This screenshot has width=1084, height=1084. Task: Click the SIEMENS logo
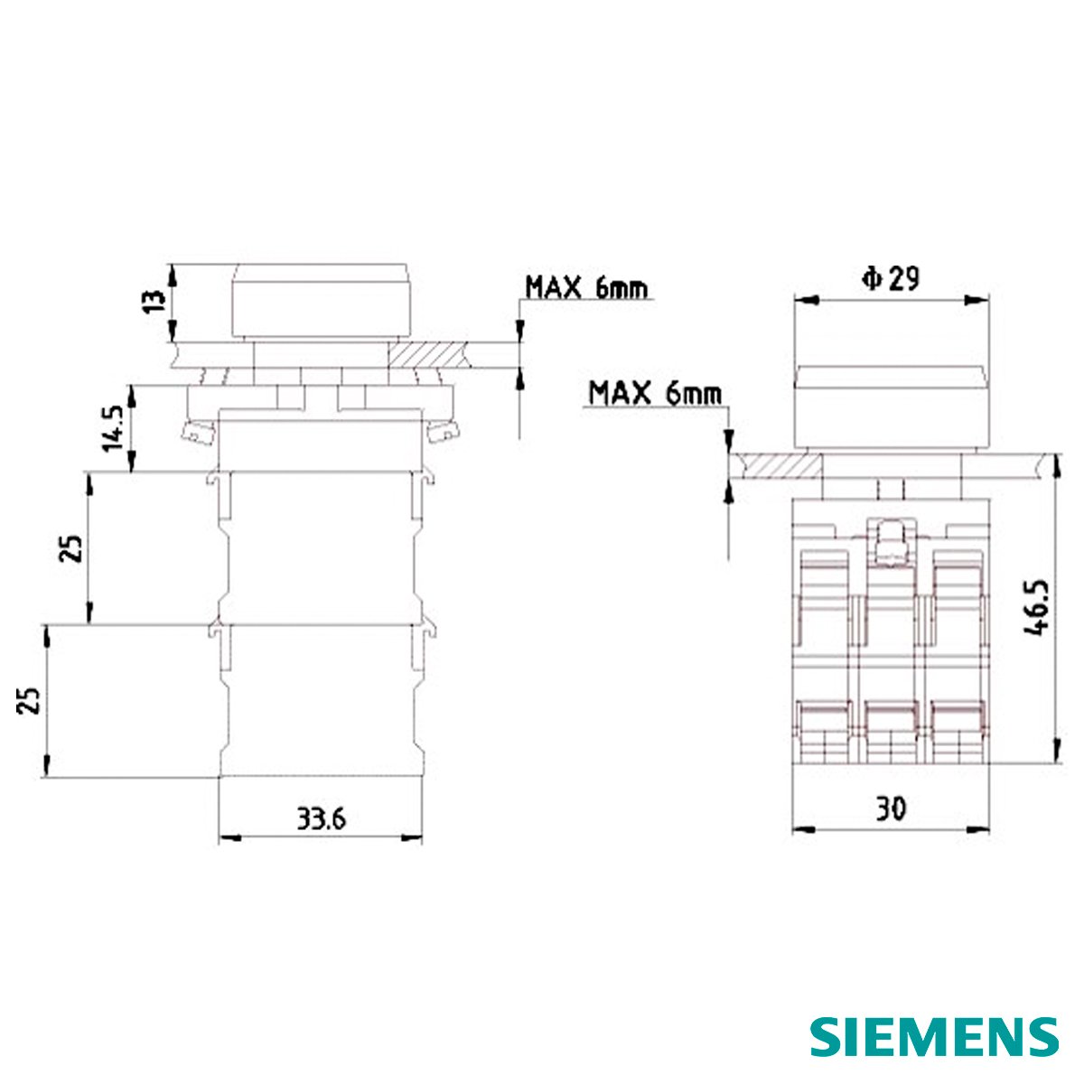[x=934, y=1036]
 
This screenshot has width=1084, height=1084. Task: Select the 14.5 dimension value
[x=113, y=428]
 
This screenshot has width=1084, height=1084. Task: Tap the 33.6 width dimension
[x=322, y=821]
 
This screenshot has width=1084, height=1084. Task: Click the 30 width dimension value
[x=892, y=809]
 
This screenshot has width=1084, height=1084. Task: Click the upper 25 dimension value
[x=73, y=548]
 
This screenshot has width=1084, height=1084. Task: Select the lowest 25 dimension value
[x=29, y=700]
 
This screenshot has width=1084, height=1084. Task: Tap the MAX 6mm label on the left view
[x=586, y=288]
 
